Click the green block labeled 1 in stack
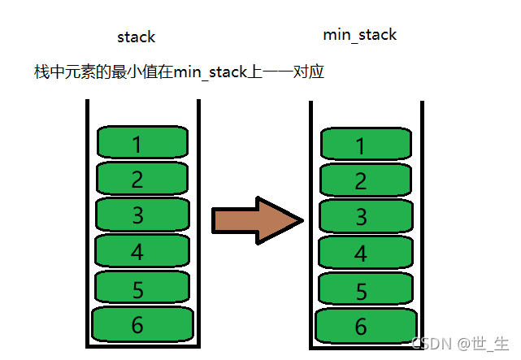142,143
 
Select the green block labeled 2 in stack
142,178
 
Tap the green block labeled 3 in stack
142,214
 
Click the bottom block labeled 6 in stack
142,324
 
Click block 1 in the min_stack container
363,145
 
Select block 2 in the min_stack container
363,180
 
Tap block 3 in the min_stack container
363,215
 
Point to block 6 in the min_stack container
363,326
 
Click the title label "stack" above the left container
136,37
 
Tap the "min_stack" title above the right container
360,35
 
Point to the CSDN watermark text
460,344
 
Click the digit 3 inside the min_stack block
362,216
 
